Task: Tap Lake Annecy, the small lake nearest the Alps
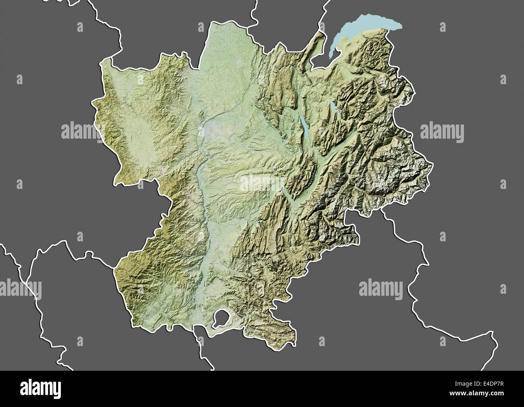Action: point(333,108)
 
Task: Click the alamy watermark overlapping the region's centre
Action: point(262,183)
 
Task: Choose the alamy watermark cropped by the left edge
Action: point(20,289)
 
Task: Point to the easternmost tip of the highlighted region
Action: point(433,164)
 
